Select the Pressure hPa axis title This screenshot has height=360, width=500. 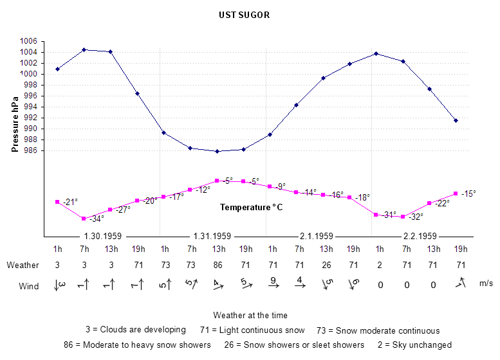click(x=15, y=123)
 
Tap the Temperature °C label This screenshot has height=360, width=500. click(x=251, y=208)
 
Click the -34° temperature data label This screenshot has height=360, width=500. click(x=96, y=219)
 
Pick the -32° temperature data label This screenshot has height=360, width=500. click(x=415, y=217)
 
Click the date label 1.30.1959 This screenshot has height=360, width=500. click(x=103, y=236)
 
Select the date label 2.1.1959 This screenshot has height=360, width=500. click(x=316, y=236)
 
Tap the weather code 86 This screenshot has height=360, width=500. click(x=218, y=265)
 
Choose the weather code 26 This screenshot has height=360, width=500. click(x=326, y=265)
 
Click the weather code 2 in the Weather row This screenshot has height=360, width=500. click(x=380, y=265)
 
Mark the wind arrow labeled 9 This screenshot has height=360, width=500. click(x=272, y=282)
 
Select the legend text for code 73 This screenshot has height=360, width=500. click(x=384, y=330)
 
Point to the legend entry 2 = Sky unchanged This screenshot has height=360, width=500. click(x=414, y=345)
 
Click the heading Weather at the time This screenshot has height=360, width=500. click(x=250, y=315)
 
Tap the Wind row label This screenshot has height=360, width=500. click(x=29, y=286)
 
